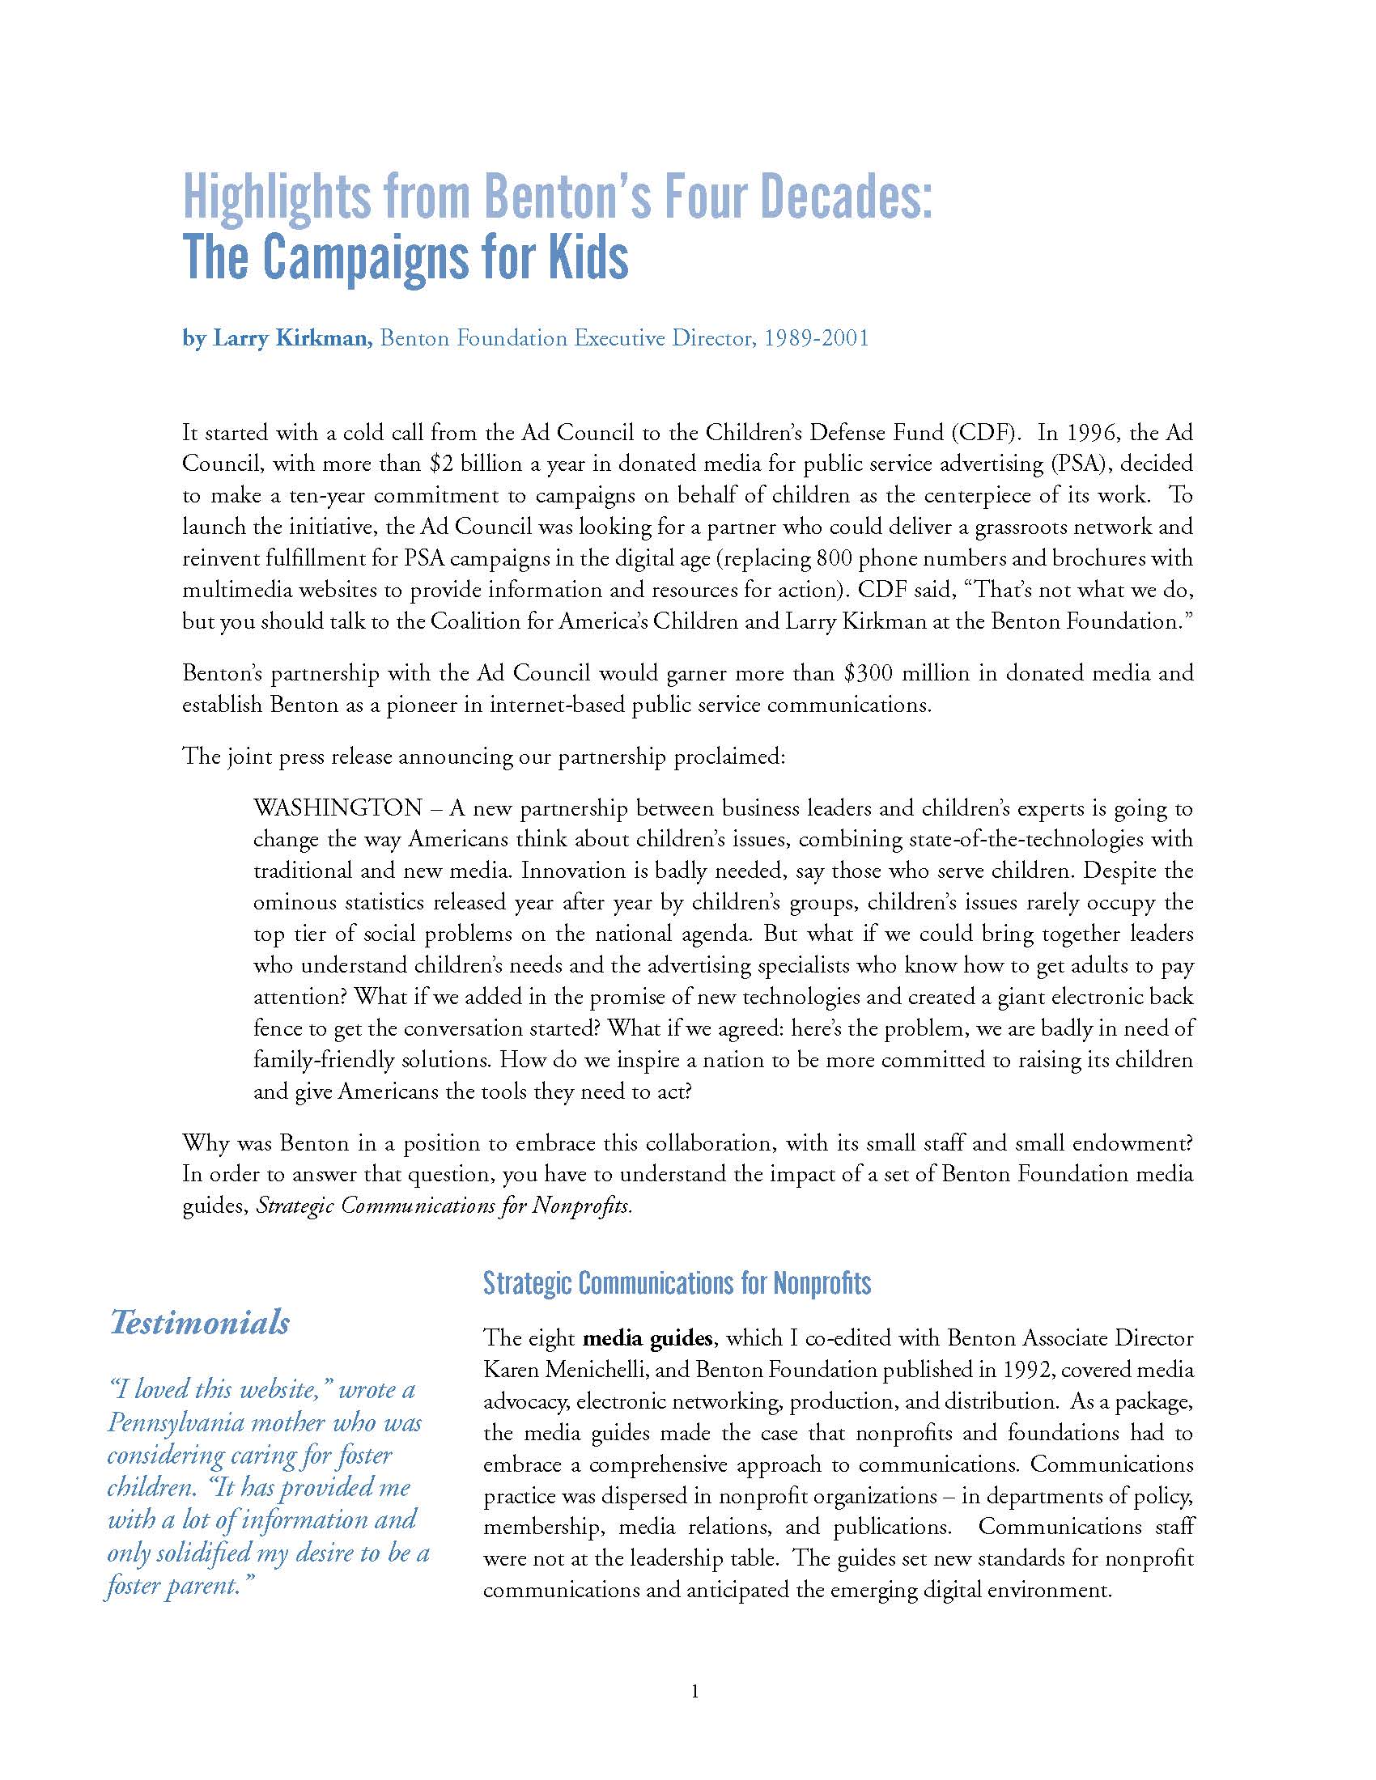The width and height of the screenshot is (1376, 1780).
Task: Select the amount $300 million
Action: pyautogui.click(x=907, y=673)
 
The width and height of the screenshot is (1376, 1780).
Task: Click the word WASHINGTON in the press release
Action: pyautogui.click(x=338, y=807)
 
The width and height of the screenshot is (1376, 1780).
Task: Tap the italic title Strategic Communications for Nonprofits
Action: pyautogui.click(x=444, y=1206)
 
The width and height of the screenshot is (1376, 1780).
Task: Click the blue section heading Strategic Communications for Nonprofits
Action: pyautogui.click(x=677, y=1284)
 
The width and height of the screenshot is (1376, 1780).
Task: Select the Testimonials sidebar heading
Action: pyautogui.click(x=200, y=1323)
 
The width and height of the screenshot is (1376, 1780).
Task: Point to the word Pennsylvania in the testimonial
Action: pyautogui.click(x=176, y=1422)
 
